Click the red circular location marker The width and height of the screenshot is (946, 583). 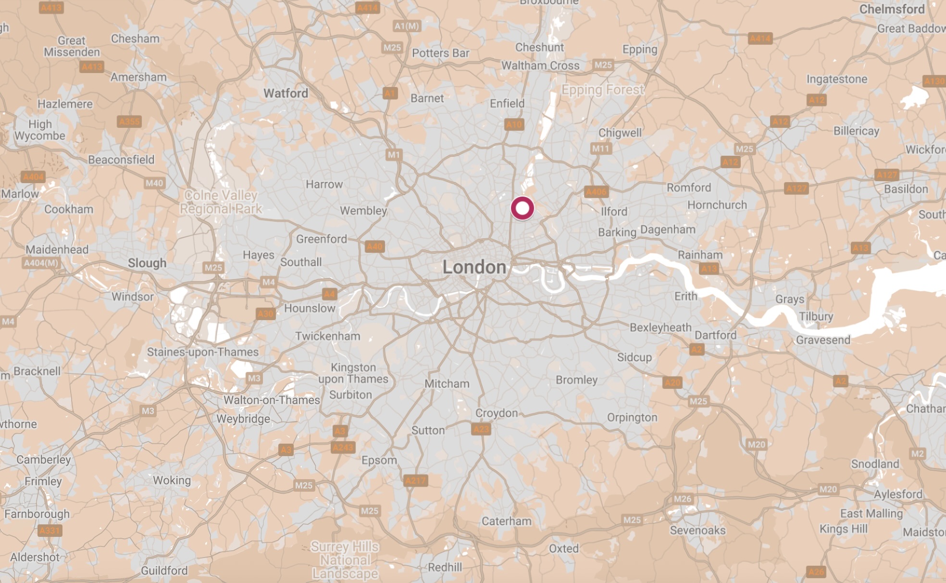[x=522, y=208]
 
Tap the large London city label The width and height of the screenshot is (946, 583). [x=474, y=267]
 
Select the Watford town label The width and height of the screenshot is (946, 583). [x=286, y=93]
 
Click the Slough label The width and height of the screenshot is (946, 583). [x=147, y=263]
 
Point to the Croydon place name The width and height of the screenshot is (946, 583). [x=496, y=413]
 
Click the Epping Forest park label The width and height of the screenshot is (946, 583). [x=602, y=90]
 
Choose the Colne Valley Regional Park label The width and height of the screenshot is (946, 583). [x=221, y=202]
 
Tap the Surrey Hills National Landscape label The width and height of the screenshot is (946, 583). [x=345, y=560]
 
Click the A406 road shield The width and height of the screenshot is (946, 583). [x=596, y=192]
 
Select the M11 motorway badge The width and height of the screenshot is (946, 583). [x=600, y=149]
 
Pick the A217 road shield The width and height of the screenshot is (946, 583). [x=415, y=480]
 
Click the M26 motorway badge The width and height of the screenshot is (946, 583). [x=682, y=499]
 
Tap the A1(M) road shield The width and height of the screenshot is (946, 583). [x=407, y=26]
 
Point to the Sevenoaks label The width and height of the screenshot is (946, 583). [x=697, y=530]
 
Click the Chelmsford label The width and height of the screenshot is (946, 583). [x=892, y=9]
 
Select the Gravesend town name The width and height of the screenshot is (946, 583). [x=823, y=340]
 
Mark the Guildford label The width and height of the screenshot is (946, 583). [x=164, y=571]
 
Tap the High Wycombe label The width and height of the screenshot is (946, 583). [x=39, y=130]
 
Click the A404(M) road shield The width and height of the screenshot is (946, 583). [x=41, y=263]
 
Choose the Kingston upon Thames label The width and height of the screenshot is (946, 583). [x=353, y=373]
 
